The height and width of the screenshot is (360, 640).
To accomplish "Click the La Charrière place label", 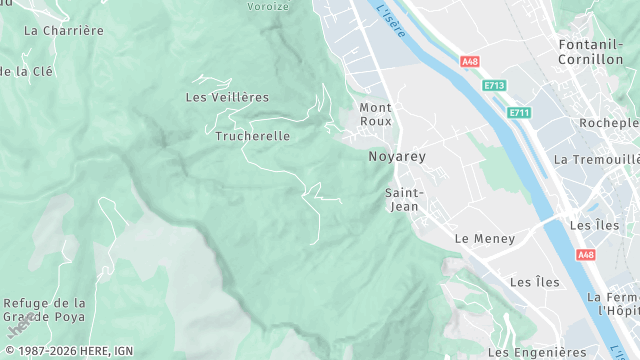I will (63, 31).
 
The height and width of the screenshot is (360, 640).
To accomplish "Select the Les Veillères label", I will (228, 97).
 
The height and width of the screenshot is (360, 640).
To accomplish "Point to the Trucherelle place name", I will (253, 136).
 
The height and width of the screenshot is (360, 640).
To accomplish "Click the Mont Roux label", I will (376, 114).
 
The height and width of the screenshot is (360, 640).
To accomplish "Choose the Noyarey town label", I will (397, 157).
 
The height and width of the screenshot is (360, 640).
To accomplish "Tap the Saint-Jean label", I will (404, 199).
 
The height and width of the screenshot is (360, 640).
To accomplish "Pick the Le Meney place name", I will (485, 239).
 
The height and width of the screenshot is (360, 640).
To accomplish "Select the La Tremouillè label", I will (596, 159).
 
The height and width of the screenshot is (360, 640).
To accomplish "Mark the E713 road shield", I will (494, 87).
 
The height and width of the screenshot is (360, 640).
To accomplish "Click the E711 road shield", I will (519, 112).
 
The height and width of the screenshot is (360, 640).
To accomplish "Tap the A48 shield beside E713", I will (470, 62).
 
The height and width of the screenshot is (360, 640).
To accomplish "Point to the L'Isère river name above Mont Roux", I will (391, 21).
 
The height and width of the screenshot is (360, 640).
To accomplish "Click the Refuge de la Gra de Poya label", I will (45, 310).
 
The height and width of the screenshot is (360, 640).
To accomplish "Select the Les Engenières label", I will (537, 352).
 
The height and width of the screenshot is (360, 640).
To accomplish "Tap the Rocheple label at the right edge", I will (609, 123).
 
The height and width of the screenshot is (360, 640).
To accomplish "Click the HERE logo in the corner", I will (17, 329).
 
